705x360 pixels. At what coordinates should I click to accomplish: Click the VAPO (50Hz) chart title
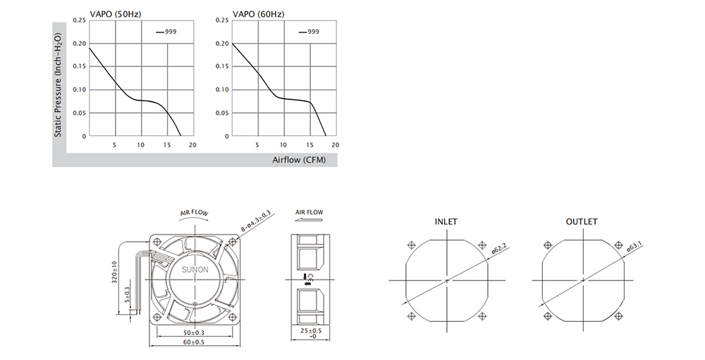(116, 14)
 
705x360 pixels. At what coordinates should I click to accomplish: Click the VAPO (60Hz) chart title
(259, 14)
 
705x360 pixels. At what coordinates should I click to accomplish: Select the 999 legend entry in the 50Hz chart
(166, 32)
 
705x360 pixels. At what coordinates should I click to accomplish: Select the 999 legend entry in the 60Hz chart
(309, 32)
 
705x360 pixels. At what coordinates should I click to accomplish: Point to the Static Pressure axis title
(58, 85)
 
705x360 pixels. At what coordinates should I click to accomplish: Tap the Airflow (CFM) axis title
(298, 160)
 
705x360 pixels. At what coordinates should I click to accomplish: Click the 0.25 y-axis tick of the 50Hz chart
(79, 20)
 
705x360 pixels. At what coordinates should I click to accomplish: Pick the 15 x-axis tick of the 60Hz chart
(309, 144)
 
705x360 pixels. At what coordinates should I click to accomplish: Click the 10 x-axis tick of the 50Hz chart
(141, 144)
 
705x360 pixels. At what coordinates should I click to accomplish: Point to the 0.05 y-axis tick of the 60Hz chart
(222, 113)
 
